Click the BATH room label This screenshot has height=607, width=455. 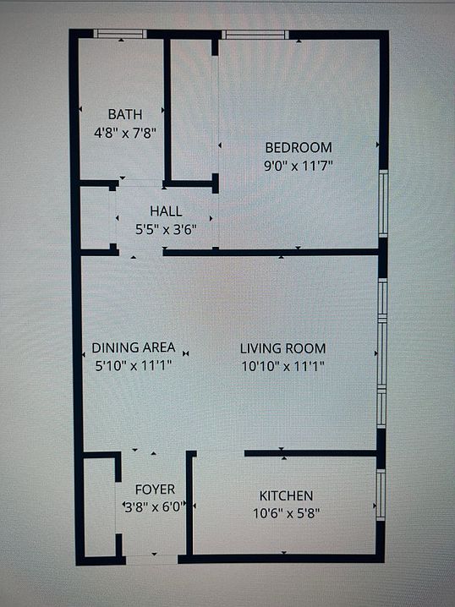[x=124, y=114]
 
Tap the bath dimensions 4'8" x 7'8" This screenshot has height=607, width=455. [x=124, y=132]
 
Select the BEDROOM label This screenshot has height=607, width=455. [x=298, y=147]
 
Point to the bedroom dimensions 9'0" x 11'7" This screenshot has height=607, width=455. [x=298, y=166]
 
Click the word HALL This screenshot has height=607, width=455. [x=165, y=211]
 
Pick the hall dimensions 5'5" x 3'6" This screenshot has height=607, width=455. [x=165, y=229]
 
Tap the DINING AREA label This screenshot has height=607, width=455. [x=134, y=347]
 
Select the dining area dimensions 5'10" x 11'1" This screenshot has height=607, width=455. [x=134, y=366]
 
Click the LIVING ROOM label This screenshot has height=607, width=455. [x=282, y=347]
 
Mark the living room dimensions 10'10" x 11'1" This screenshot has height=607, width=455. [x=282, y=366]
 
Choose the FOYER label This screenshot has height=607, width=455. [x=155, y=489]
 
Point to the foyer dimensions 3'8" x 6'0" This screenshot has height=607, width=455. [x=155, y=507]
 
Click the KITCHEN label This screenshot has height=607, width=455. [x=286, y=495]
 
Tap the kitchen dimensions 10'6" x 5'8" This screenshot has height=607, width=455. [x=286, y=513]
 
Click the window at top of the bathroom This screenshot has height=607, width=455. [x=119, y=35]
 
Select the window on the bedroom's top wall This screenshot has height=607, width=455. [x=255, y=35]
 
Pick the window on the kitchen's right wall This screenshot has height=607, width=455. [x=381, y=495]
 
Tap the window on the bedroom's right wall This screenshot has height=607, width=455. [x=382, y=204]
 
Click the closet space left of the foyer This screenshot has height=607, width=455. [x=99, y=507]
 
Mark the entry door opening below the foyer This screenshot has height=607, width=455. [x=152, y=559]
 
